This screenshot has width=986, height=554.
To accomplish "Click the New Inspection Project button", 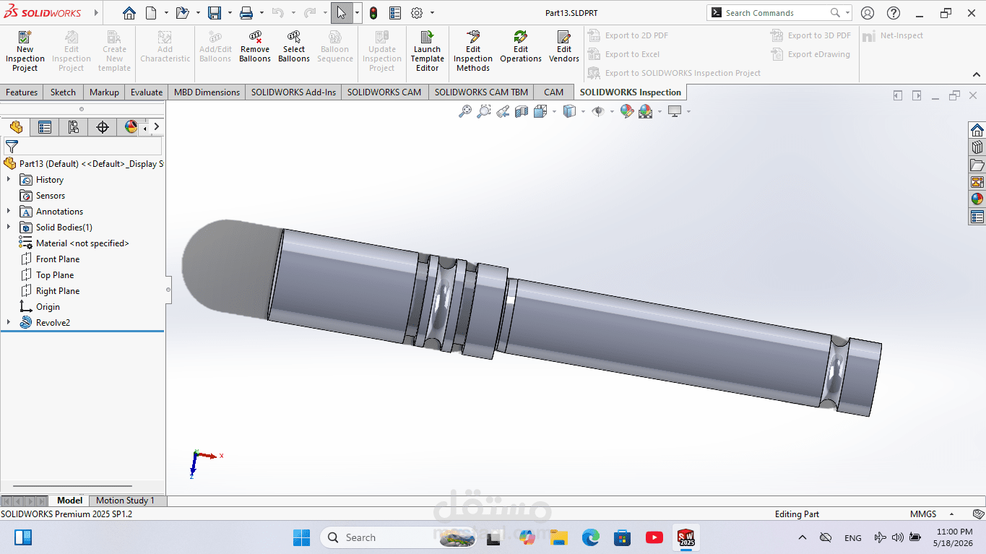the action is pos(25,51).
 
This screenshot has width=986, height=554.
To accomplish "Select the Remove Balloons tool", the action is pos(255,47).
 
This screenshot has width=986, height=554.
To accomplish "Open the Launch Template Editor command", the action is pos(427,51).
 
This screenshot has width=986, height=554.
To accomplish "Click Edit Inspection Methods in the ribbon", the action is pos(472,51).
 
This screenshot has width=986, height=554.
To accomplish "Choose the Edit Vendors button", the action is pos(564,47).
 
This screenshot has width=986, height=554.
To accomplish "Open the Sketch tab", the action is pos(63,92).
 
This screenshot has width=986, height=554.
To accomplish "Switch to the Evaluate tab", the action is pos(147,92).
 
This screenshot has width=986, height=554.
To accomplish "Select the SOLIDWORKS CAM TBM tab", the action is pos(481,92).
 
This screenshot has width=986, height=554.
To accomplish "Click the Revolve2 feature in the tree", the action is pos(53,323).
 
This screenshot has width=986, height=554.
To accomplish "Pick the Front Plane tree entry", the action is pos(58,259).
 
